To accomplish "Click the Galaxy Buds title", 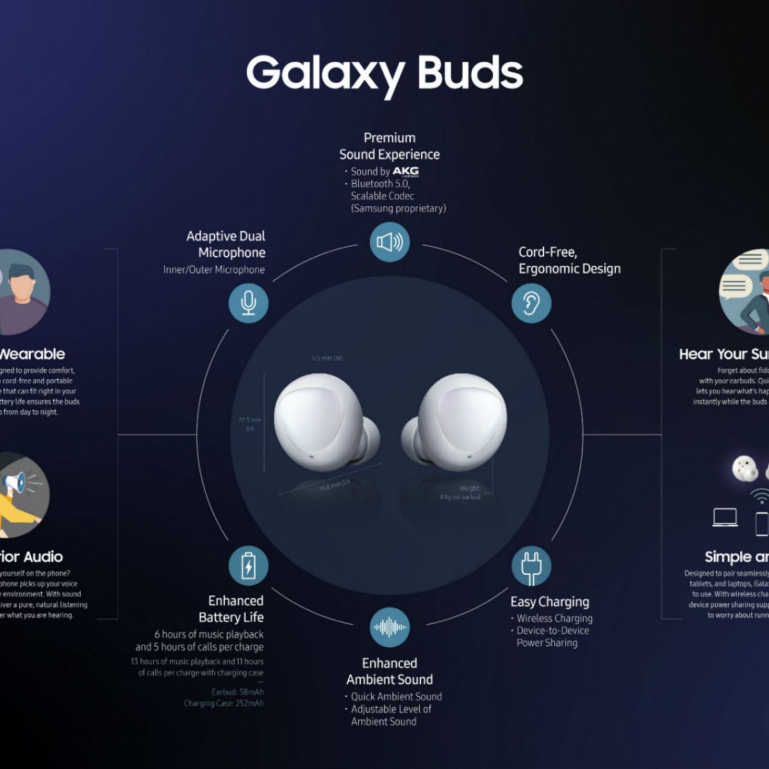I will tap(384, 72).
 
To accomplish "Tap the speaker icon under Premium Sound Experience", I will tap(390, 242).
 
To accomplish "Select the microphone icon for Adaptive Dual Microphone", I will tap(249, 302).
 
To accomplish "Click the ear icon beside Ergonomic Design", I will tap(531, 302).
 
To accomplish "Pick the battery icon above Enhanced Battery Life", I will tap(249, 566).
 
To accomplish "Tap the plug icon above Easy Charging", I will tap(531, 566).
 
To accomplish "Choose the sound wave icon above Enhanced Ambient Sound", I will tap(390, 627).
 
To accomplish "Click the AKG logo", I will tap(405, 171).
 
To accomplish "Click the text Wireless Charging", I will tap(554, 618).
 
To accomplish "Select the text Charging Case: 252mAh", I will tap(224, 704).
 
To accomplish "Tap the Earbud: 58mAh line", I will tap(238, 692).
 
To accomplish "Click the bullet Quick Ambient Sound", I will tap(396, 697).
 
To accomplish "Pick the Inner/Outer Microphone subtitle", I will tap(214, 270).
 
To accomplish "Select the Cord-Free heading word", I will tap(547, 252).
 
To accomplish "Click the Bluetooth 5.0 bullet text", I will tap(380, 184).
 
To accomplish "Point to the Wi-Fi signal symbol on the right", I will tap(760, 497).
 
